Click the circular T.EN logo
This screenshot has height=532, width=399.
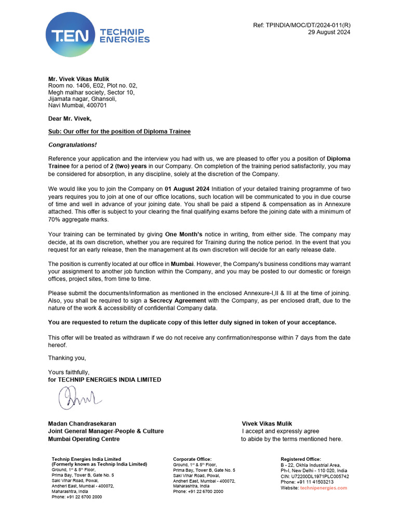(71, 35)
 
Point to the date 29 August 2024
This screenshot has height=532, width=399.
(329, 32)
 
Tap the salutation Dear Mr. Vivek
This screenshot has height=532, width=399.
(70, 119)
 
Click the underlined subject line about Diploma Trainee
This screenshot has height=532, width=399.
(119, 132)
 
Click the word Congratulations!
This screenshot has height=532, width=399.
(72, 145)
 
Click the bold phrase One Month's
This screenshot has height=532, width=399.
(188, 234)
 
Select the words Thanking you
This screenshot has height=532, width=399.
(67, 358)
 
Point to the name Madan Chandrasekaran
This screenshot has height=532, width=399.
(82, 424)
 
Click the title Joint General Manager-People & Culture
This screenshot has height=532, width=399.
(106, 431)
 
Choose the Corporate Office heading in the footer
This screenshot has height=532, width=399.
(192, 459)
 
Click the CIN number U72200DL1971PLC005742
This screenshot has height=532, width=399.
(314, 476)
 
